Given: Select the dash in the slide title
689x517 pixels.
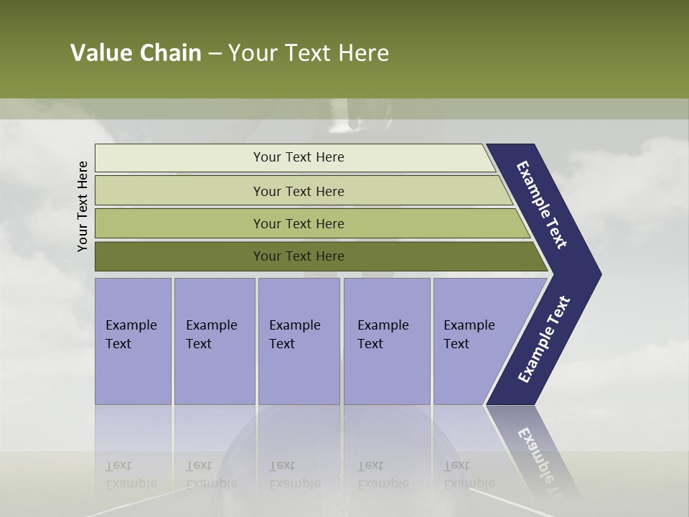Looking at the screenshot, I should [x=215, y=54].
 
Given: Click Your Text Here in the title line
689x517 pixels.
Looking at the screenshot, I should [x=309, y=53].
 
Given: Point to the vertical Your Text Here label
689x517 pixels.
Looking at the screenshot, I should [x=83, y=206].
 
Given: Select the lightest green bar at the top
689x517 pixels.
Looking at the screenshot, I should [x=299, y=157].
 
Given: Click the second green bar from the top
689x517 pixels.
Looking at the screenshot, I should [x=299, y=191].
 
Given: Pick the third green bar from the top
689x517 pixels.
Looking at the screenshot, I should [x=299, y=223].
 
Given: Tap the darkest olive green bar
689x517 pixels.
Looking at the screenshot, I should [x=299, y=256].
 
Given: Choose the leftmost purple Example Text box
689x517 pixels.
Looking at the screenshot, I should [x=133, y=341].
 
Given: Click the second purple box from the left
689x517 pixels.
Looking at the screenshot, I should [x=214, y=341].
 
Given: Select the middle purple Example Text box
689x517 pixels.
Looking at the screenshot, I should [x=299, y=341].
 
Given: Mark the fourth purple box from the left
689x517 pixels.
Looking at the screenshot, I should [x=387, y=341].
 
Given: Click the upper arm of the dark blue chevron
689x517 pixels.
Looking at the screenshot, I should [x=542, y=205].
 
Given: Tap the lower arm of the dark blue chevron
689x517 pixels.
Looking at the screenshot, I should [x=543, y=340].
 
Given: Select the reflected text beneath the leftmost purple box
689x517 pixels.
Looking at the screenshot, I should [x=131, y=475].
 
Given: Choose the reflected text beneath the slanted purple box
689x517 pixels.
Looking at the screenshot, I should [x=469, y=475].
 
